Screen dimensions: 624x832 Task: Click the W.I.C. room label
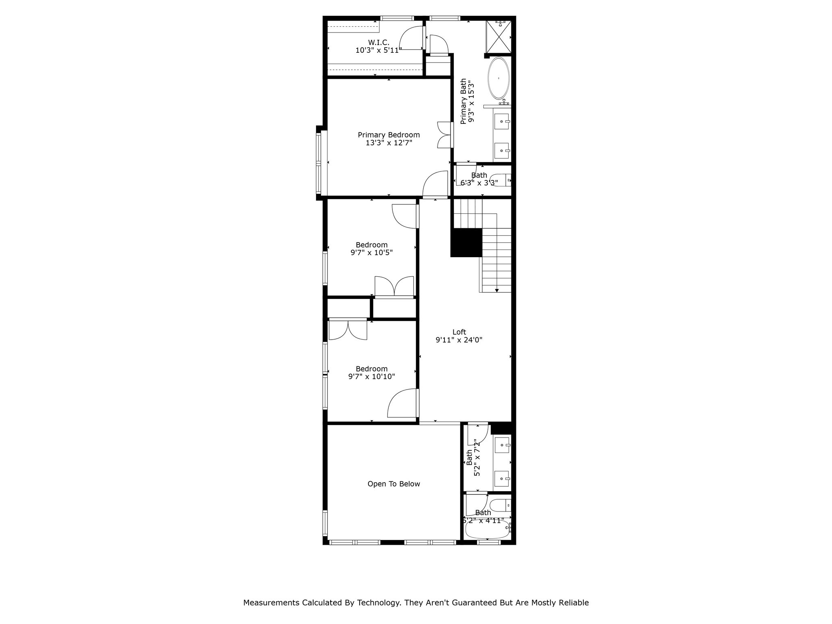point(379,42)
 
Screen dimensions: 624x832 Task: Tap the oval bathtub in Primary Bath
point(498,78)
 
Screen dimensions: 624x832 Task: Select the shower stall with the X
point(498,37)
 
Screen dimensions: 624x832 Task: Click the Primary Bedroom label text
point(389,135)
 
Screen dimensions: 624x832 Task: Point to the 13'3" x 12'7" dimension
point(389,143)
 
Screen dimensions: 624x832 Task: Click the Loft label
point(459,332)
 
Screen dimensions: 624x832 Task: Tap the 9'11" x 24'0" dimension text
point(459,340)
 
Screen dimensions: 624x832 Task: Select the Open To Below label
point(394,484)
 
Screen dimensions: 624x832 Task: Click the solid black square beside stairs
point(466,243)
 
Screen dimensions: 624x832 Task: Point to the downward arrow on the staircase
point(496,290)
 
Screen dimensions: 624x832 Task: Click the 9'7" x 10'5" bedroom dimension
point(372,253)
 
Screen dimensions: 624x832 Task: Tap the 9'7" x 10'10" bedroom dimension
point(372,377)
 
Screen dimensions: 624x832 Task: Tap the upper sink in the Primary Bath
point(502,121)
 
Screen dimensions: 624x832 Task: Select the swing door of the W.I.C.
point(411,38)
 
